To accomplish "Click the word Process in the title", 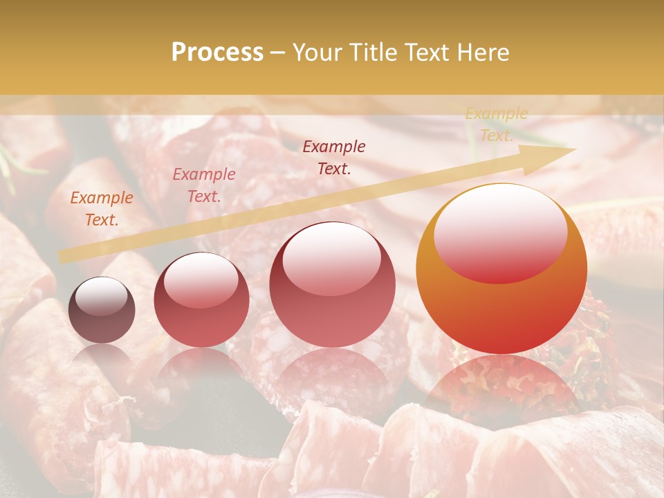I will tap(217, 53).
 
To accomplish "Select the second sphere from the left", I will tap(201, 299).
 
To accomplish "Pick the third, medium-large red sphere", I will tap(332, 284).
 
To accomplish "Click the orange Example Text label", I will tap(102, 209).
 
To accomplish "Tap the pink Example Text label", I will tap(203, 185).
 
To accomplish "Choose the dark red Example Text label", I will tap(334, 157).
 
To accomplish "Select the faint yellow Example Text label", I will tap(496, 124).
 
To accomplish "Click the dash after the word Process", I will tap(277, 53).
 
